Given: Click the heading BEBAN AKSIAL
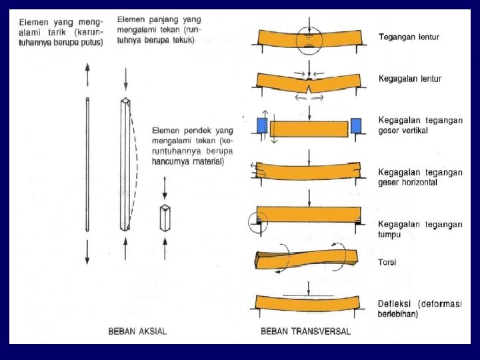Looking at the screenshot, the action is (137, 331).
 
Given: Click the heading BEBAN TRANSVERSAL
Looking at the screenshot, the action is (305, 331).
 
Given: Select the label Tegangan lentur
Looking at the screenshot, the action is (409, 37).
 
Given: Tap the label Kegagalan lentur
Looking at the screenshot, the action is (409, 79).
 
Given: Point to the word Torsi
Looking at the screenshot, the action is (387, 262).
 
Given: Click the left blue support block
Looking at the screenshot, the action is (261, 125).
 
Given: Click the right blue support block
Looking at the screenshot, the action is (355, 125).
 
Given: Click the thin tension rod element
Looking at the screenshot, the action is (88, 164).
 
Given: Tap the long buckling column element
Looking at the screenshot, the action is (125, 164).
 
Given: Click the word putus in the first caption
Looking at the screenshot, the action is (92, 43).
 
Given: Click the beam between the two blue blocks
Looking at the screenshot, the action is (309, 128).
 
